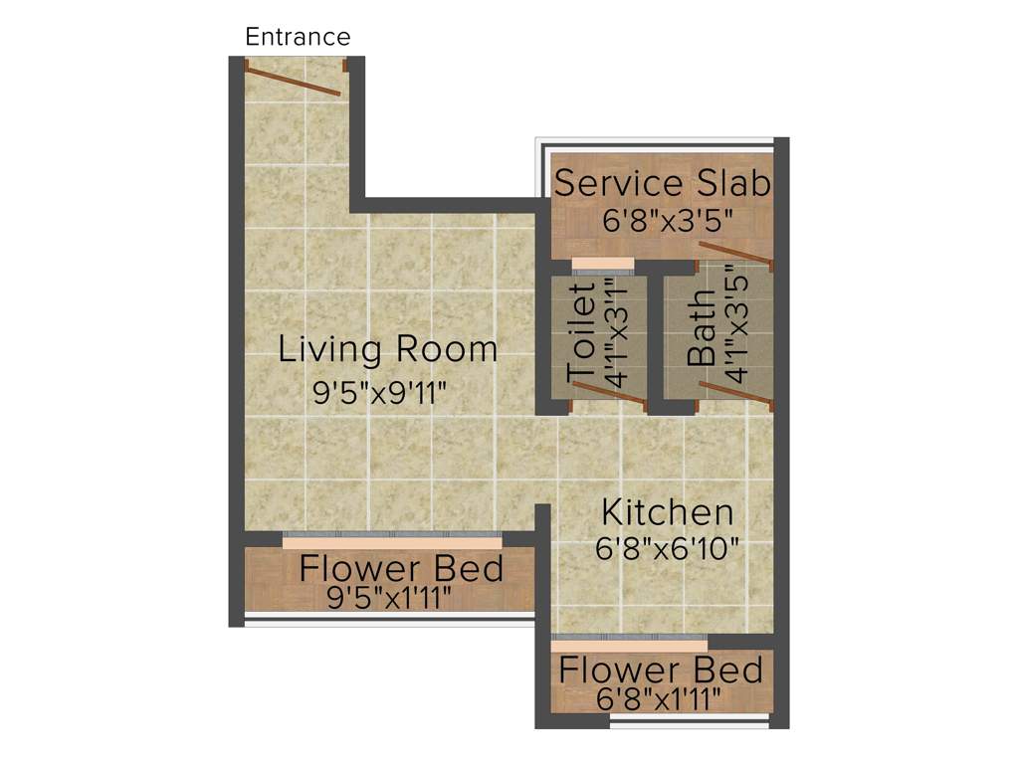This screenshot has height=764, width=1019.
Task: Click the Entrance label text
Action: click(x=298, y=38)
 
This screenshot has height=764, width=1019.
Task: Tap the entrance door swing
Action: click(x=294, y=80)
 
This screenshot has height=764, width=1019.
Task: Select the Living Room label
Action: click(x=387, y=349)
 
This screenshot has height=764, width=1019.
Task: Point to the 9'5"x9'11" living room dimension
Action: click(x=378, y=393)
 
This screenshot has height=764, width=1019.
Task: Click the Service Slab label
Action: click(x=662, y=184)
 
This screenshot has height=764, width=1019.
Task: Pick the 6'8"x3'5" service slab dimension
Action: click(x=662, y=220)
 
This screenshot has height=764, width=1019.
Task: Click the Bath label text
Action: click(x=703, y=328)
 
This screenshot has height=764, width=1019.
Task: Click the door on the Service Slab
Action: click(x=735, y=253)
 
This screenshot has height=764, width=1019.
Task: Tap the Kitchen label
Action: click(x=668, y=512)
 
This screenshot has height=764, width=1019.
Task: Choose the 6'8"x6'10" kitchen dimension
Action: click(x=668, y=548)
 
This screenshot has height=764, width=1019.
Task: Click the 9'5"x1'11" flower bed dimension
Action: click(x=390, y=597)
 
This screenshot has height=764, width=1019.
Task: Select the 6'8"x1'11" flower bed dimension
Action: click(x=659, y=699)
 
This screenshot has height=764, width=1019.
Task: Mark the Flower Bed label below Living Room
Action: click(x=401, y=569)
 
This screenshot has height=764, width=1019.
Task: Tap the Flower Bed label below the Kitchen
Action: click(x=661, y=669)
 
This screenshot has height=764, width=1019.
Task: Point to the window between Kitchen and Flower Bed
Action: click(x=629, y=642)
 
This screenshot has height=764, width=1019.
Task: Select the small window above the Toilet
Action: click(x=602, y=265)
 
